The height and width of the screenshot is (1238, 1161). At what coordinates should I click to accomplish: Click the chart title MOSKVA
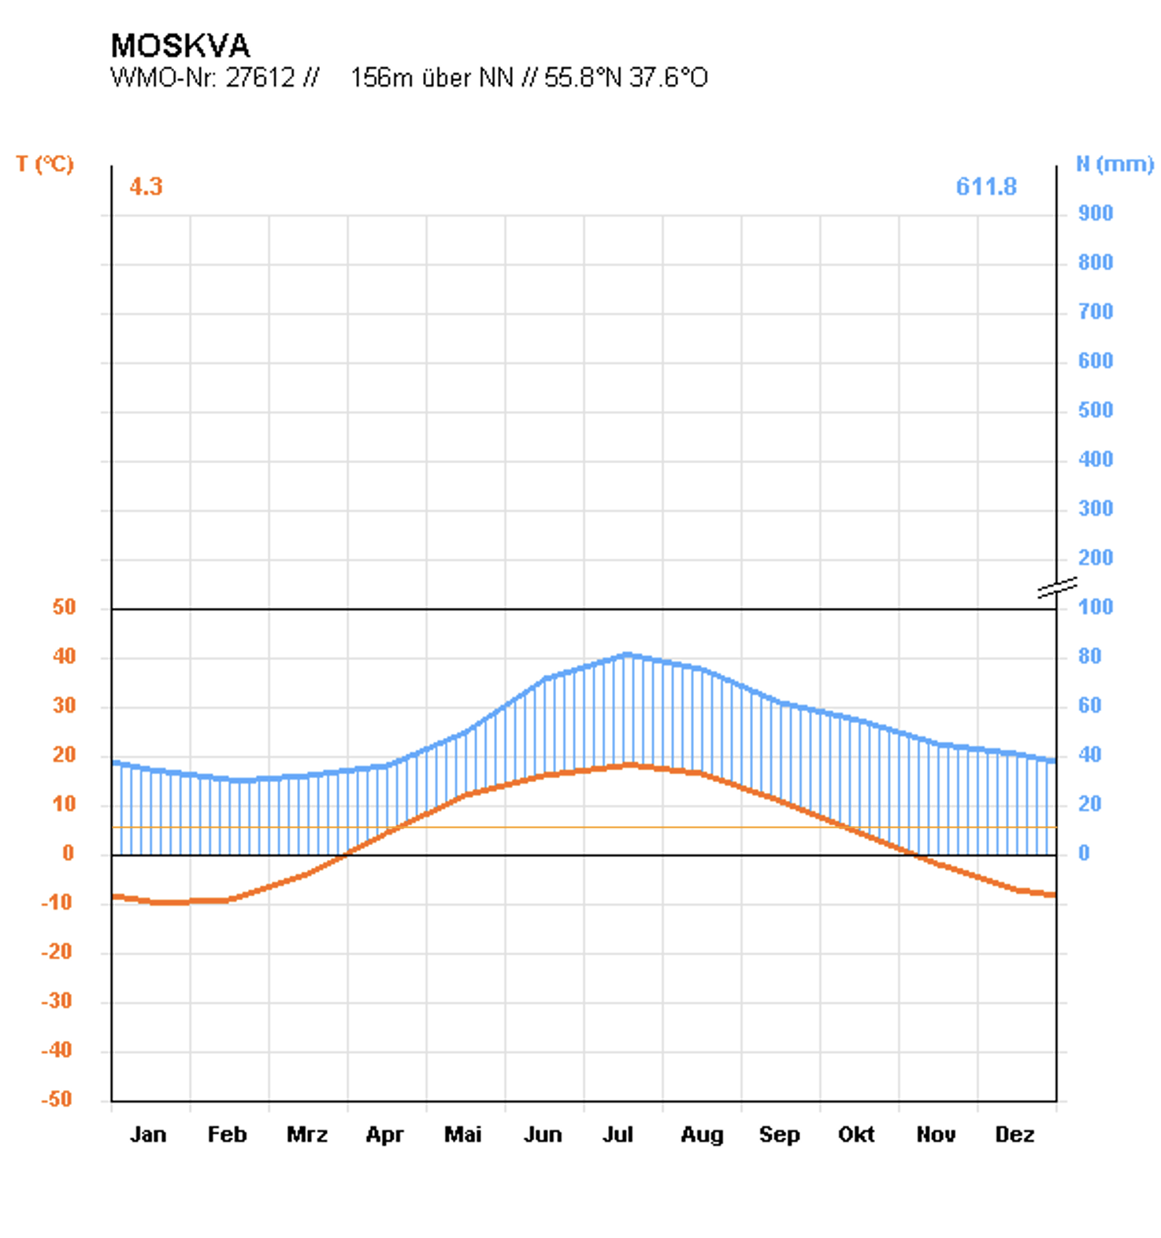click(180, 46)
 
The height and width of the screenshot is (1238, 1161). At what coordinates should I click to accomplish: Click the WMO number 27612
click(260, 78)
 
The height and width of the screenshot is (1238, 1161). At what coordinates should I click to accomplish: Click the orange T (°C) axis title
click(45, 164)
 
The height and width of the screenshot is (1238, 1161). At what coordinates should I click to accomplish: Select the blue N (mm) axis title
click(1114, 164)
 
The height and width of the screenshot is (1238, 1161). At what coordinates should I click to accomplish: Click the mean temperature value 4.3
click(146, 187)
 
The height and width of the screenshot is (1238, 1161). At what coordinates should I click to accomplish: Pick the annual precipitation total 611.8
click(985, 187)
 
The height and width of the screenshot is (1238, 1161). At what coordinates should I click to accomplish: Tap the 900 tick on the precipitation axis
click(1095, 213)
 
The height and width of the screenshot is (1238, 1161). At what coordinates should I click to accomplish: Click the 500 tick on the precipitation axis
click(1095, 410)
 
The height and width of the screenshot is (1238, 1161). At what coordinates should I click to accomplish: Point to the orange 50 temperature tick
click(64, 607)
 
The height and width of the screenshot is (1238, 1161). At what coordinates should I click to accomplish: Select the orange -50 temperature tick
click(57, 1099)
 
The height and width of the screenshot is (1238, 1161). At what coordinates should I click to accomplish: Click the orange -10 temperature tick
click(57, 903)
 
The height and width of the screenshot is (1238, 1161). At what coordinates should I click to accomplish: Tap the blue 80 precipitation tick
click(1089, 656)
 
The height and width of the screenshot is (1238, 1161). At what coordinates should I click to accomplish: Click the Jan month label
click(148, 1135)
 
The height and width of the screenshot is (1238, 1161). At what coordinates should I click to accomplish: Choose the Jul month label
click(618, 1135)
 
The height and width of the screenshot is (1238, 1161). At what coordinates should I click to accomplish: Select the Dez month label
click(1014, 1135)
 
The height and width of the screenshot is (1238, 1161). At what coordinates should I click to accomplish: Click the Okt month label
click(856, 1135)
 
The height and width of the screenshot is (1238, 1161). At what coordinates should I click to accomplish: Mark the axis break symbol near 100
click(1057, 587)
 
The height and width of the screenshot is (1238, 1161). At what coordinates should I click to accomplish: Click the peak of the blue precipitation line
click(627, 654)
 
